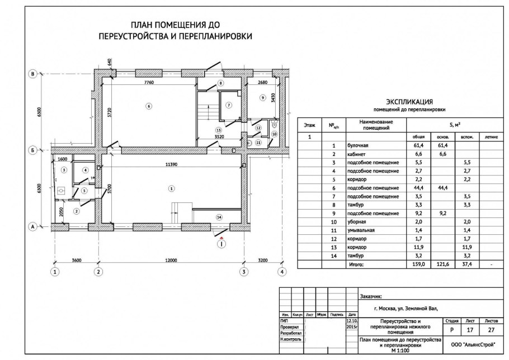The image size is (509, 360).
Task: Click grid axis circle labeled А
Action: click(x=33, y=226)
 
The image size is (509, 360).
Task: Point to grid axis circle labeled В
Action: click(x=33, y=74)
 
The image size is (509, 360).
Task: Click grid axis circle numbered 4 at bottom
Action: click(x=282, y=272)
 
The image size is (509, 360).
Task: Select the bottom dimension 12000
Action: click(x=171, y=260)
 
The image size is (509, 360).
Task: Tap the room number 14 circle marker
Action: click(x=219, y=216)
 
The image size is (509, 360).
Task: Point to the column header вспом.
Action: click(x=464, y=136)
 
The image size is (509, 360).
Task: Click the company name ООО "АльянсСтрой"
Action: click(x=473, y=345)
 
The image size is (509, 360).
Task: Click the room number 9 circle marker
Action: click(x=262, y=98)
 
